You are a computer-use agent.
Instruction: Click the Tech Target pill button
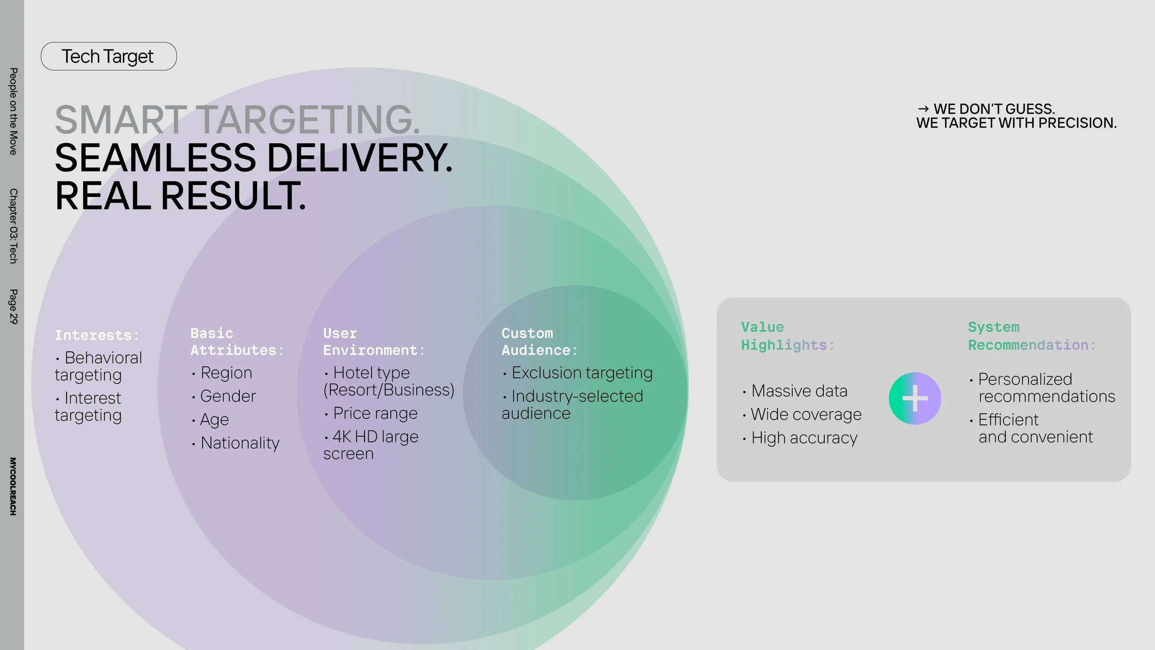click(109, 56)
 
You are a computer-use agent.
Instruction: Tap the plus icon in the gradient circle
click(915, 399)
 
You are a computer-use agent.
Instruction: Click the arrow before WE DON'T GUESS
click(923, 109)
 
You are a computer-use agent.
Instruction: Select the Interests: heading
click(97, 335)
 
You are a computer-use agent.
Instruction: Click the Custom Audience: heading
click(539, 342)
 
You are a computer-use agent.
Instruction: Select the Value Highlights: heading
click(787, 336)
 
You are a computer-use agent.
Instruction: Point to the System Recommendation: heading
click(1032, 336)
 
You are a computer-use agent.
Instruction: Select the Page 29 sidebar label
click(13, 307)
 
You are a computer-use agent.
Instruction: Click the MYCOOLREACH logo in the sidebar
click(13, 486)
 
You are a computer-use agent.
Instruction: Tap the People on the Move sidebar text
click(13, 111)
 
